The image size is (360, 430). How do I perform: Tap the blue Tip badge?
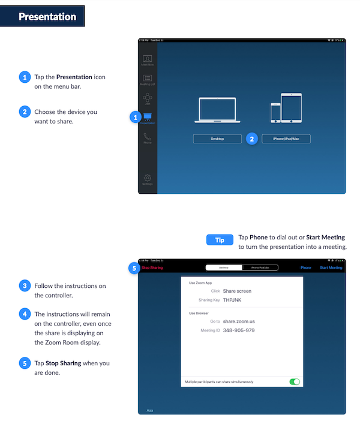point(220,240)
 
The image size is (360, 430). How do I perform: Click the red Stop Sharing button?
point(152,267)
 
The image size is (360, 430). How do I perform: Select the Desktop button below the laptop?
point(217,139)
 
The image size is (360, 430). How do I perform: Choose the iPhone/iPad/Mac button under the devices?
point(286,139)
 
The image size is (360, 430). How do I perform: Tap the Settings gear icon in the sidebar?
point(147,179)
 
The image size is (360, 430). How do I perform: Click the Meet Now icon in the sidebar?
point(147,59)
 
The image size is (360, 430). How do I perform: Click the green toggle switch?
point(295,381)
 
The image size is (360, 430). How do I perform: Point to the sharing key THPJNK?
point(233,300)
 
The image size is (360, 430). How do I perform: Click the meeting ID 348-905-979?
point(239,330)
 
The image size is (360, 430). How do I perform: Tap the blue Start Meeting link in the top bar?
point(331,267)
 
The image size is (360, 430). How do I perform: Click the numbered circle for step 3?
point(25,286)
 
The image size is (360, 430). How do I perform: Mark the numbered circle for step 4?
point(25,314)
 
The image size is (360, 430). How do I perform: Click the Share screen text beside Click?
point(237,291)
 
